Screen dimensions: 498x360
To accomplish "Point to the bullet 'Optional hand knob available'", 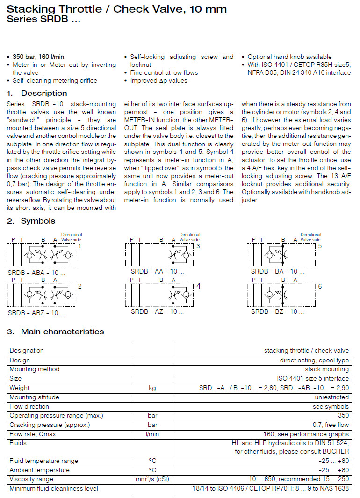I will point(289,57).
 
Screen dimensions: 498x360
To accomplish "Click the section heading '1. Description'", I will point(37,93).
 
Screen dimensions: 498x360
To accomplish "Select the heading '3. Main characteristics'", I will point(55,332).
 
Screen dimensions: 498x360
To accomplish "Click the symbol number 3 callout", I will point(198,246).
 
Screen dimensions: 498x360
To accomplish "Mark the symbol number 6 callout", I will point(320,286).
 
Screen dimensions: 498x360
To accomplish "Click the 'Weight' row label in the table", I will point(20,388).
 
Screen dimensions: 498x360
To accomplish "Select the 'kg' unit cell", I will point(152,388).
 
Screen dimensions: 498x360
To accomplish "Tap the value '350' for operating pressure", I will point(343,415).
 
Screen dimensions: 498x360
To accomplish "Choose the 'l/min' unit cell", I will point(152,434).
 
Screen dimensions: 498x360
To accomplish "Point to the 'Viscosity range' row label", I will point(31,479).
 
